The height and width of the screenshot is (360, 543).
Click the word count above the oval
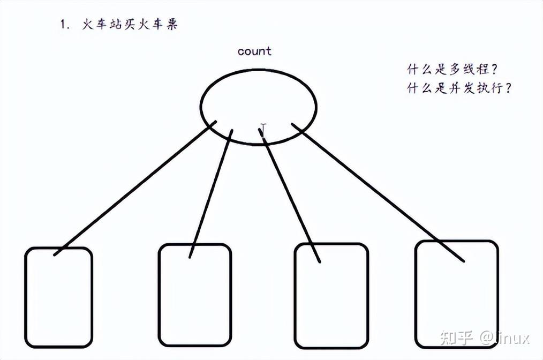254,51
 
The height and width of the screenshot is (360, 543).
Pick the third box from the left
331,296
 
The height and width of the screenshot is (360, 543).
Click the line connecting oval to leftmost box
134,188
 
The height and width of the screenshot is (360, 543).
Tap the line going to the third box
292,196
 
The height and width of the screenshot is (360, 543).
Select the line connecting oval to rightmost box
378,192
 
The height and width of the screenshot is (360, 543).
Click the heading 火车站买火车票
130,25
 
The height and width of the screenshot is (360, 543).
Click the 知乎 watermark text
456,337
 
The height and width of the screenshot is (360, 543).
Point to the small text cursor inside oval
263,128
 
